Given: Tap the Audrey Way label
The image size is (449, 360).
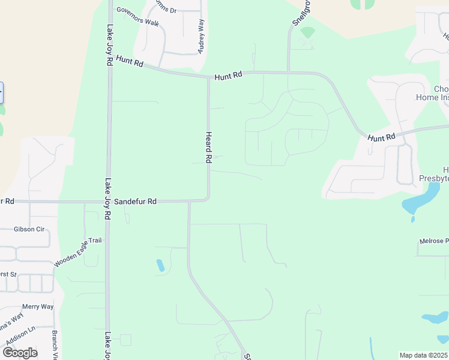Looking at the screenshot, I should pyautogui.click(x=202, y=35).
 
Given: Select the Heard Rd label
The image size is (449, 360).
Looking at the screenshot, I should pyautogui.click(x=209, y=148).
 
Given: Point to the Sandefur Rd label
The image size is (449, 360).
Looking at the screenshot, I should pyautogui.click(x=135, y=202).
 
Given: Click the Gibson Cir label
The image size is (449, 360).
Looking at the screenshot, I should pyautogui.click(x=30, y=229).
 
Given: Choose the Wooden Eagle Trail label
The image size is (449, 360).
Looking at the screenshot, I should pyautogui.click(x=78, y=253).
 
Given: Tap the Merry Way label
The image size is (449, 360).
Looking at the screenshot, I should pyautogui.click(x=38, y=307).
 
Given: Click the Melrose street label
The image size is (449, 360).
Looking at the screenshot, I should pyautogui.click(x=434, y=241).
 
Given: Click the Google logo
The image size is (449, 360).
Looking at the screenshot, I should pyautogui.click(x=20, y=352).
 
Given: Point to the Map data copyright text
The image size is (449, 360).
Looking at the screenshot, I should pyautogui.click(x=424, y=355).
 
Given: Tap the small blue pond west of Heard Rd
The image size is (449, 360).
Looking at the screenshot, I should pyautogui.click(x=160, y=265).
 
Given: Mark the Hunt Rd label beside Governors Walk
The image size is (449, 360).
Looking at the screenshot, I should pyautogui.click(x=130, y=63).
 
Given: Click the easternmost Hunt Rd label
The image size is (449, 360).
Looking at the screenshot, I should pyautogui.click(x=382, y=137).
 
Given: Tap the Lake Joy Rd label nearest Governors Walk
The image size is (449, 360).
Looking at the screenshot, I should pyautogui.click(x=109, y=45).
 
